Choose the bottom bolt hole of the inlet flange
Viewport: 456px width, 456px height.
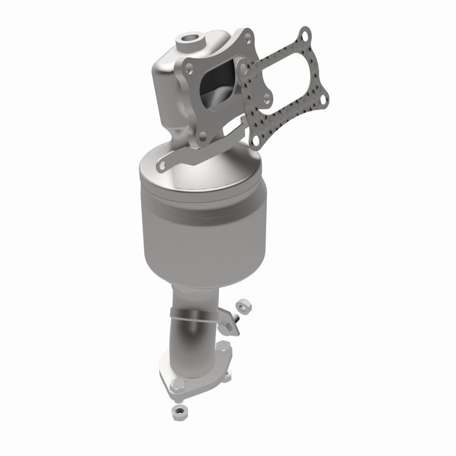coord(203,136)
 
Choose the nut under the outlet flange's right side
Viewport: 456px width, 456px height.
coord(226,376)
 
